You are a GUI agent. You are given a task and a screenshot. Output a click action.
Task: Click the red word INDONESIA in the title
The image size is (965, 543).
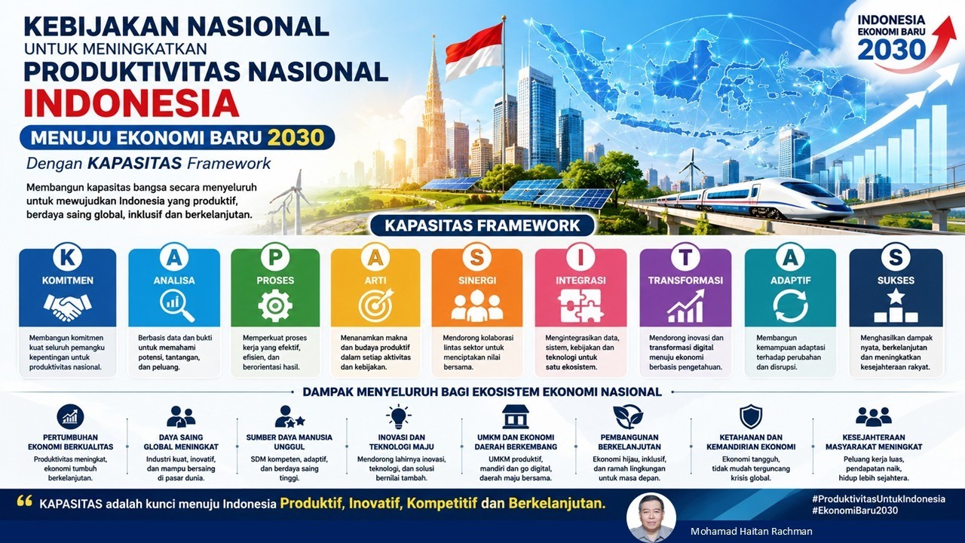(131, 103)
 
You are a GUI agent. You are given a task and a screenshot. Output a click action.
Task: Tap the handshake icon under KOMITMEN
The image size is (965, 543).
(68, 307)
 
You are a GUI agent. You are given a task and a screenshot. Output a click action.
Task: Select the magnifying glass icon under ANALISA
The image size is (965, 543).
(176, 306)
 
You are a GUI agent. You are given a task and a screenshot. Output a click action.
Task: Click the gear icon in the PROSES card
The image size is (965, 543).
(275, 305)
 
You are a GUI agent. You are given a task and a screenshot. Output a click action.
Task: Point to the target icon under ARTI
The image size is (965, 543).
(376, 305)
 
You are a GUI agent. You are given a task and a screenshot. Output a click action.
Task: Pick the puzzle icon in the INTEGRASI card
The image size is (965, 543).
(580, 305)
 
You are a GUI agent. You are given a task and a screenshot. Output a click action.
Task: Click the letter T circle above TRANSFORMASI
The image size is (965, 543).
(685, 257)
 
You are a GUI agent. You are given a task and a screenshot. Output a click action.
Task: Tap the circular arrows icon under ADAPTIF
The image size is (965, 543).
(790, 306)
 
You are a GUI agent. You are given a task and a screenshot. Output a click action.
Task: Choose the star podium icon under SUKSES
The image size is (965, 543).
(896, 306)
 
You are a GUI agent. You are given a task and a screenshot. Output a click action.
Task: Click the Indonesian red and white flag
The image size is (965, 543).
(474, 52)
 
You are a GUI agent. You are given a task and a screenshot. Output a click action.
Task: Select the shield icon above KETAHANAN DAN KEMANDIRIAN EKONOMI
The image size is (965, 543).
(751, 417)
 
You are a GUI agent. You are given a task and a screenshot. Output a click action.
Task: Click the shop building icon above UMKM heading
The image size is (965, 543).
(516, 417)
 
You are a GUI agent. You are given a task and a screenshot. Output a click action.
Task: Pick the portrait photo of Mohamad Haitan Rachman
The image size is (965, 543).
(651, 518)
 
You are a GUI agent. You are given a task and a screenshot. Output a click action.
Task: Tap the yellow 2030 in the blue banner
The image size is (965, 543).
(296, 138)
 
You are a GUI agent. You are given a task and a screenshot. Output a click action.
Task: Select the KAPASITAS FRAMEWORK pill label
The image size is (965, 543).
(482, 225)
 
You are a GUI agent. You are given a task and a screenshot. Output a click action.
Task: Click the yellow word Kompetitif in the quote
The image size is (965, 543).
(442, 503)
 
